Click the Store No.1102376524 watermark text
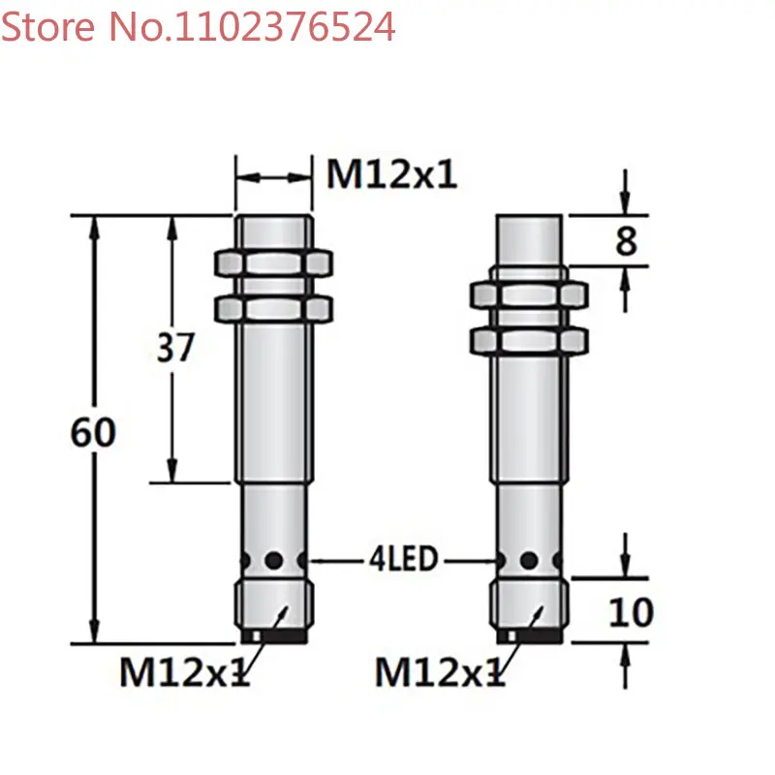click(x=198, y=27)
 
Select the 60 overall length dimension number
click(x=93, y=432)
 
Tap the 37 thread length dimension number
click(x=175, y=348)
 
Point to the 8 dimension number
click(x=626, y=241)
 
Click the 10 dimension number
click(x=632, y=612)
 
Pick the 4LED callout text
click(x=404, y=559)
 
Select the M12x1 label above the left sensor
click(x=392, y=174)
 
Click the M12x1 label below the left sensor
click(x=185, y=671)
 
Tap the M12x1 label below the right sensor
click(x=441, y=671)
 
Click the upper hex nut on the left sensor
click(x=273, y=263)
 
